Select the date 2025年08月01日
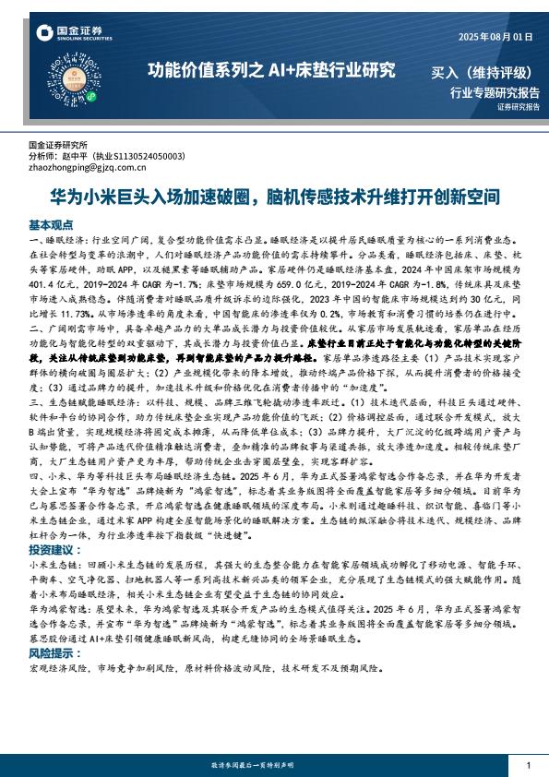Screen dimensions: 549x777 click(x=495, y=37)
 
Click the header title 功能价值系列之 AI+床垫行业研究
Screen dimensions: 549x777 click(x=272, y=70)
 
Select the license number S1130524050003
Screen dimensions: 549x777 click(x=148, y=157)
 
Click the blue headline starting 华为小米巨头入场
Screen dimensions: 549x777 click(x=274, y=197)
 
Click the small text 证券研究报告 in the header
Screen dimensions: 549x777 click(x=517, y=107)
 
